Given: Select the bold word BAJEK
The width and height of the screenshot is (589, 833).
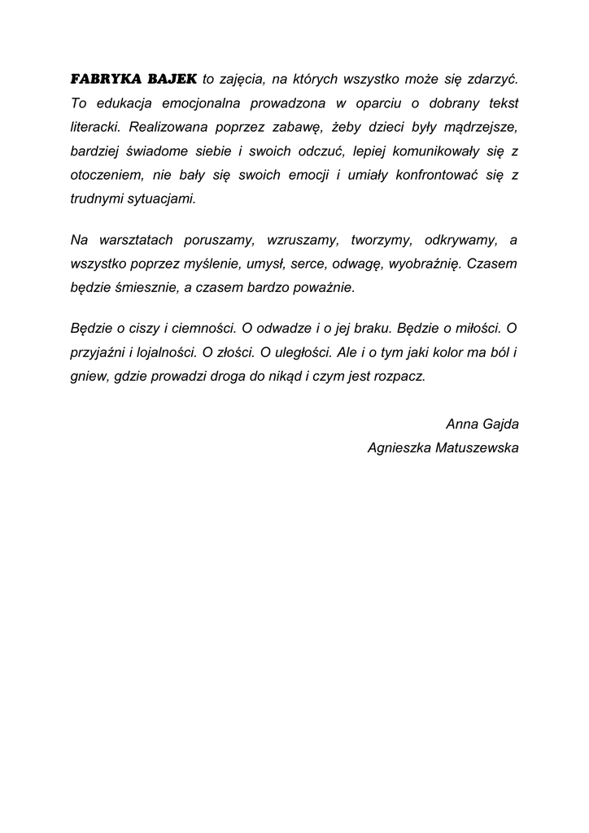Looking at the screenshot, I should point(172,79).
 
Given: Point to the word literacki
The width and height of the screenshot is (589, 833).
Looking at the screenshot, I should point(95,127).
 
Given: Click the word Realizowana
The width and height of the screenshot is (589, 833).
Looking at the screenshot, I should point(167,127).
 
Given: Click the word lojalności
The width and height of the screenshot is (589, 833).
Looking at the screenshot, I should point(164,353).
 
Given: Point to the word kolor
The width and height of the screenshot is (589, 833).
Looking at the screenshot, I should point(442,353).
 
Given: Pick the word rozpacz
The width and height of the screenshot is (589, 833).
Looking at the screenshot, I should point(399,377).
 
